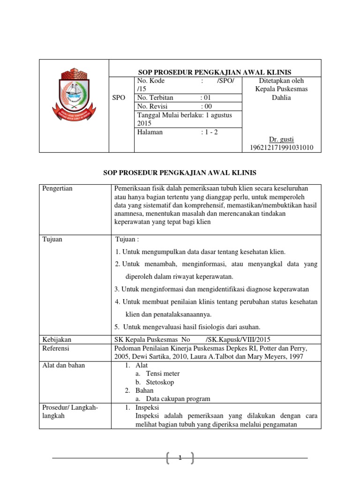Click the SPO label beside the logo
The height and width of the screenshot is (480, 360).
click(119, 98)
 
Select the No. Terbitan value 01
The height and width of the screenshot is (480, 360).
click(207, 98)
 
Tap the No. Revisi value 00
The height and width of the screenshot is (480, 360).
click(207, 106)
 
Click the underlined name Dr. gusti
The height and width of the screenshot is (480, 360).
click(281, 139)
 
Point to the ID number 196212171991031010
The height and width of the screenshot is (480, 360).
click(281, 148)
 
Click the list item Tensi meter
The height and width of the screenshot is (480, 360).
click(163, 374)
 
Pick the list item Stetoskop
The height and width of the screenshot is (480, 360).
click(160, 382)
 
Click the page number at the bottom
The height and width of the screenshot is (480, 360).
click(180, 458)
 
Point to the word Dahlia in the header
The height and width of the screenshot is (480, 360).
click(281, 98)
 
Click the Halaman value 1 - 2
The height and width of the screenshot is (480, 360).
click(209, 132)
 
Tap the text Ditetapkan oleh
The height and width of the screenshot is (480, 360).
click(281, 81)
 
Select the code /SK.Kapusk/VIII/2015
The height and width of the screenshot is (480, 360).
click(238, 339)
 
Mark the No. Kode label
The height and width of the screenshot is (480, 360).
click(151, 81)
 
